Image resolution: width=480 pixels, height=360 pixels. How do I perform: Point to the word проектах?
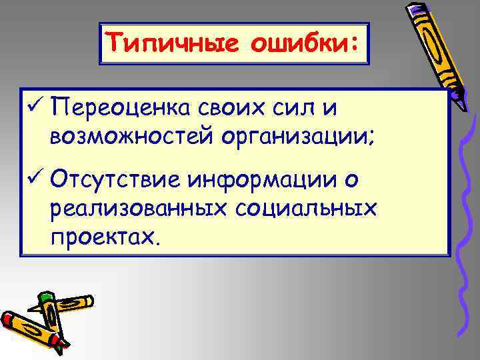[x=103, y=238]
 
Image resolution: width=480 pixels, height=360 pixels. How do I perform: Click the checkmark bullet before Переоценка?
[x=33, y=107]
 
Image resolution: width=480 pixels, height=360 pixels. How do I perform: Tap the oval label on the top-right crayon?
[x=427, y=40]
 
